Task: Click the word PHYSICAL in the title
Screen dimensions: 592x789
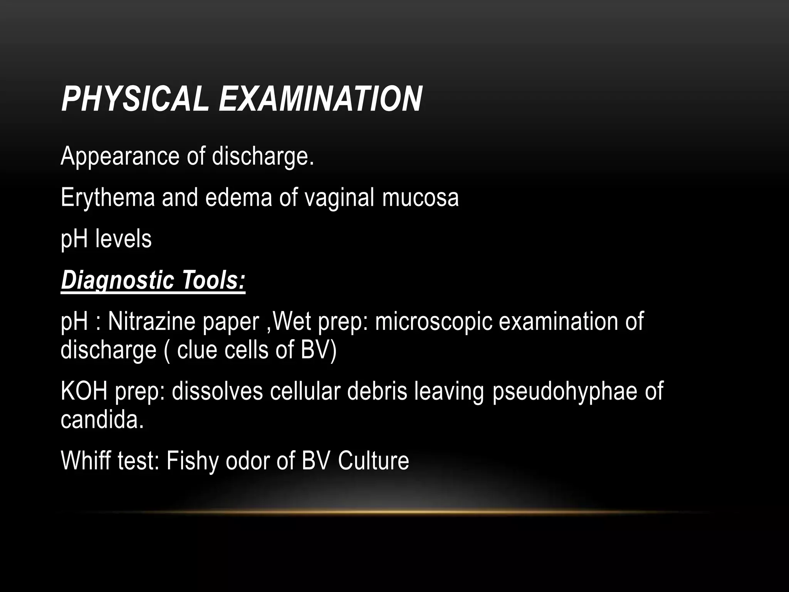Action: pyautogui.click(x=134, y=99)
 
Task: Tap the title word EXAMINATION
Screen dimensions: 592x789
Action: pyautogui.click(x=320, y=99)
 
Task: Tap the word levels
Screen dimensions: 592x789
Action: pyautogui.click(x=123, y=239)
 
